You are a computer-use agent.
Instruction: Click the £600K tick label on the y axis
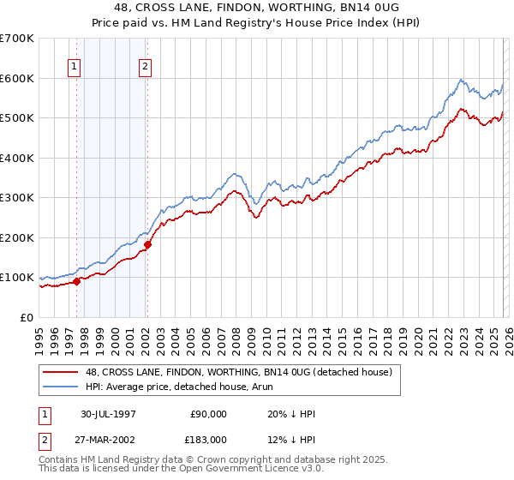17,78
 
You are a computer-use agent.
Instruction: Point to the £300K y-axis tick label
17,198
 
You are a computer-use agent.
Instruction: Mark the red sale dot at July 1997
77,280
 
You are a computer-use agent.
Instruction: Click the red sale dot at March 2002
147,244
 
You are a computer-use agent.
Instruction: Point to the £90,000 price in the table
206,413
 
